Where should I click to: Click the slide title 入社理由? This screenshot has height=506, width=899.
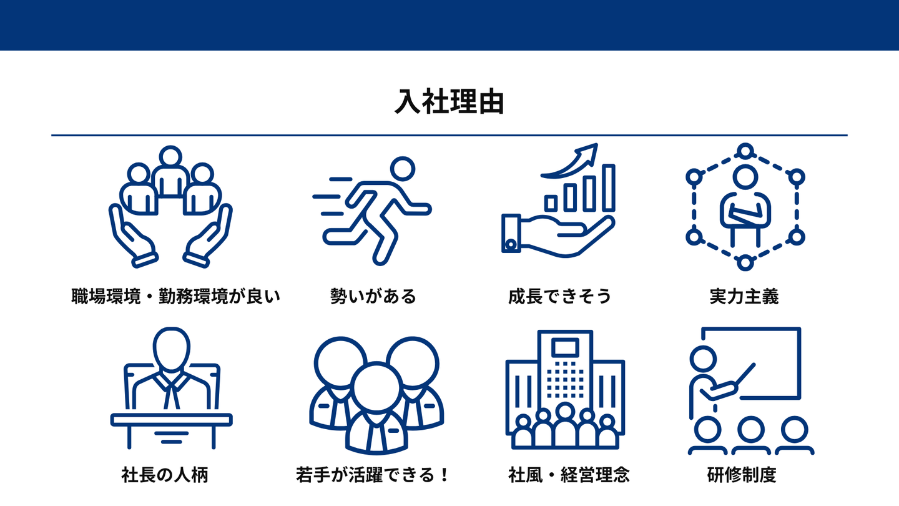pos(449,102)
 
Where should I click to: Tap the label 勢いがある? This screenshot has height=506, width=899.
pos(373,296)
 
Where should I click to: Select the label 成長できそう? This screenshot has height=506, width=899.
pos(559,296)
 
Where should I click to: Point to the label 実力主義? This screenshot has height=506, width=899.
pos(744,296)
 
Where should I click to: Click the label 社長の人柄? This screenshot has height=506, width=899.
pos(165,475)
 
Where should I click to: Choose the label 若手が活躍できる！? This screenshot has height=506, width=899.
pos(373,475)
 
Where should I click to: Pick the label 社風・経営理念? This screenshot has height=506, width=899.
pos(569,475)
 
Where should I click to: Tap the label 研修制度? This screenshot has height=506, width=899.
pos(742,475)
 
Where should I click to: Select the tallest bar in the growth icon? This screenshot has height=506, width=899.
pos(607,187)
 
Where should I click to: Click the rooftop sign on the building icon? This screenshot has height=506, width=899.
pos(565,347)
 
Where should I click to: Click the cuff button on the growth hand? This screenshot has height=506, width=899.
pos(511,244)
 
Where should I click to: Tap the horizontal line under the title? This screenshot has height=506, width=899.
pos(449,135)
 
